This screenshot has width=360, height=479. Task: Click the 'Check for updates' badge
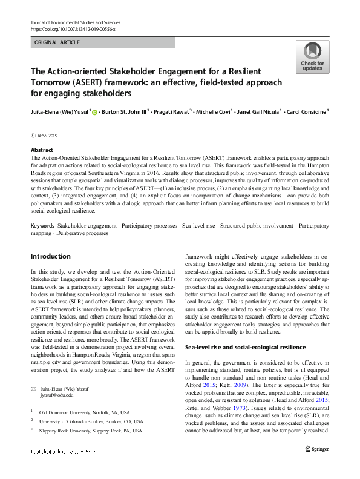tap(312, 57)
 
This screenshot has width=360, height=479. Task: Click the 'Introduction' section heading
tap(51, 256)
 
